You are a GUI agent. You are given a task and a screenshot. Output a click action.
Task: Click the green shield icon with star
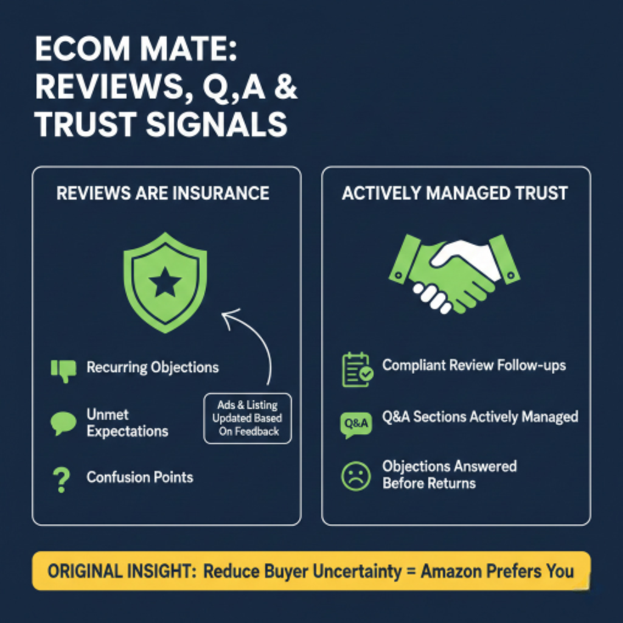[165, 282]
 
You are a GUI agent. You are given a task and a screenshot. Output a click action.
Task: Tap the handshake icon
[454, 273]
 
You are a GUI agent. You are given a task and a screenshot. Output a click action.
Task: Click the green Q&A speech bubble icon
[355, 424]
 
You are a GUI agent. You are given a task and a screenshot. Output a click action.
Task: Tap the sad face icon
[356, 476]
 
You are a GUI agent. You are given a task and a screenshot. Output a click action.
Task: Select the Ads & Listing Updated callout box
[247, 418]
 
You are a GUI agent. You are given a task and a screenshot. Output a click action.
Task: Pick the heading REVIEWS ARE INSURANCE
[162, 193]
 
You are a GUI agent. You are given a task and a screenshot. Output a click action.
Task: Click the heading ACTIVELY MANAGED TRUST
[454, 193]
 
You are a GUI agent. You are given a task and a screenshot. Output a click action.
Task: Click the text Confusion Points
[140, 477]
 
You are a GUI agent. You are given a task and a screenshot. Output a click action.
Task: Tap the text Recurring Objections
[152, 367]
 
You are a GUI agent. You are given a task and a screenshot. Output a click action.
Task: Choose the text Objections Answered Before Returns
[449, 475]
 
